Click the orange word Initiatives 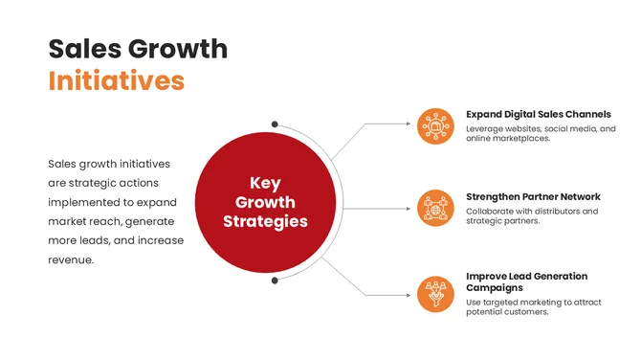coord(116,80)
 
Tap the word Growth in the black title coord(178,48)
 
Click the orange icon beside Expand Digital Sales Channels coord(436,125)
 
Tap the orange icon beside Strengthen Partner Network coord(436,208)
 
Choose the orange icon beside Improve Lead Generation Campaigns coord(436,289)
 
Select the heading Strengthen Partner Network coord(533,196)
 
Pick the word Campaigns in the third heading coord(497,287)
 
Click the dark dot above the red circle coord(275,124)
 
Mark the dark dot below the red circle coord(275,281)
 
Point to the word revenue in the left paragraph coord(70,259)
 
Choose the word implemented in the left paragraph coord(83,202)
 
